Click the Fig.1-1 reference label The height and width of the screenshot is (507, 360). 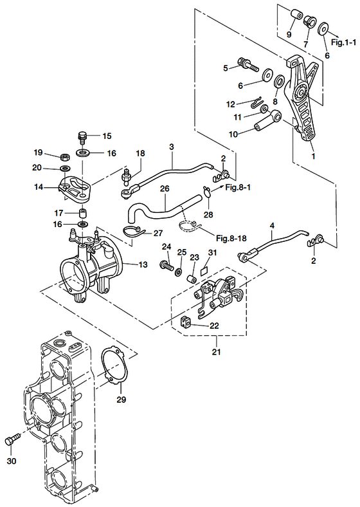coord(344,42)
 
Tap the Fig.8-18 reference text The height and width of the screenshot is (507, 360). coord(231,239)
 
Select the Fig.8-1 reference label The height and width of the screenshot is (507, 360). coord(238,187)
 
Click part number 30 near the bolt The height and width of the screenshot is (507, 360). coord(12,461)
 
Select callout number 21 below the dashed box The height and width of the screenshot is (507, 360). coord(216,351)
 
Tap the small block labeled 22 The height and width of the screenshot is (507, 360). coord(184,322)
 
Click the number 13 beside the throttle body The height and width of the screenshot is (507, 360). coord(143,265)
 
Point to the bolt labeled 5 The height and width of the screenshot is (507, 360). coord(248,65)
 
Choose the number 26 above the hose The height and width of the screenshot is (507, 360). coord(165,189)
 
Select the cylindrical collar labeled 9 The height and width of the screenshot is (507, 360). coord(296,15)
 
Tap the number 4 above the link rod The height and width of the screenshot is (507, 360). coord(272,225)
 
